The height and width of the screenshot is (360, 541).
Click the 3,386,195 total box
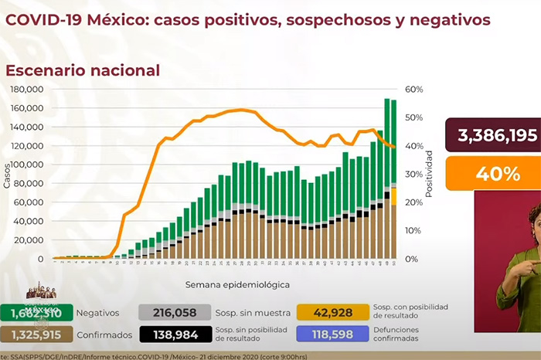tap(492, 136)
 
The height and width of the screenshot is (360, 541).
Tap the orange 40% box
tap(492, 174)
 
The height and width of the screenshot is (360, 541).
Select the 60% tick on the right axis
tap(414, 90)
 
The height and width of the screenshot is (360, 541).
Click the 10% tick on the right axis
tap(414, 230)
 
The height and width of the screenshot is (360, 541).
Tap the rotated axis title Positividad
tap(429, 174)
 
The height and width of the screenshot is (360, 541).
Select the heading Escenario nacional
tap(83, 70)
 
